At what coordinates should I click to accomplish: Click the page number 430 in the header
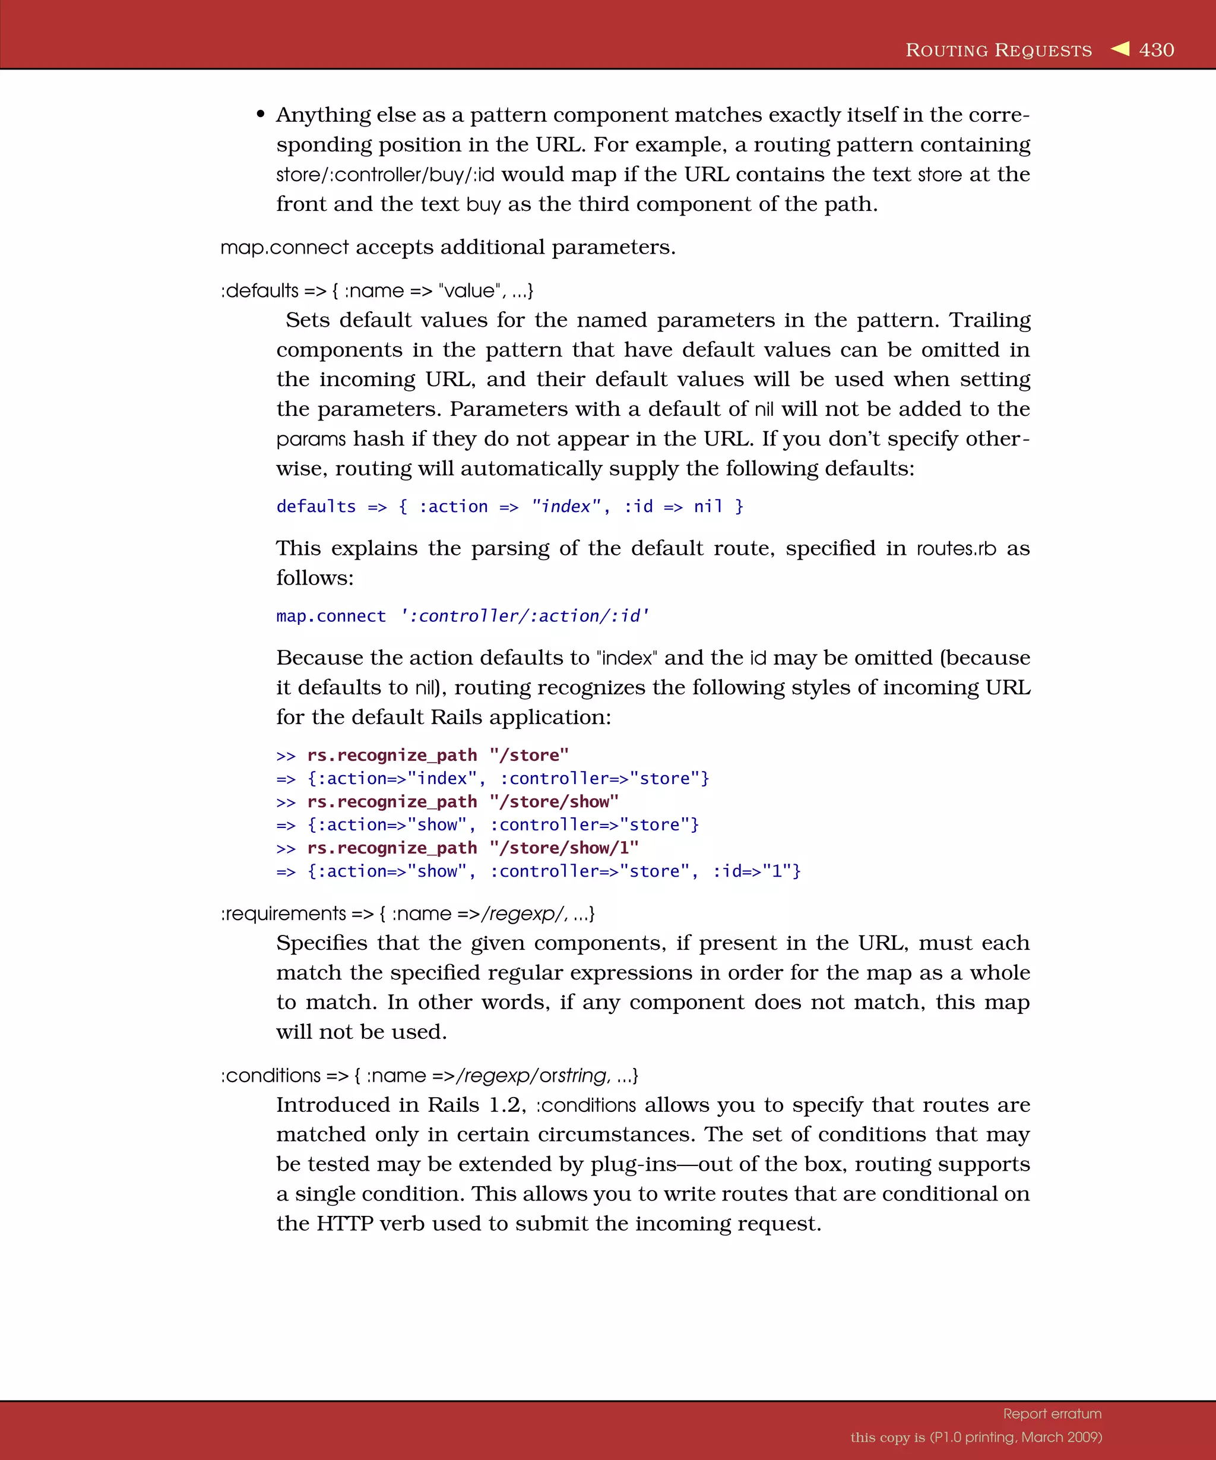[x=1156, y=50]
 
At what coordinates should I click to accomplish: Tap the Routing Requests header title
[x=999, y=50]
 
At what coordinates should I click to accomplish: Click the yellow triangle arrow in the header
[x=1119, y=49]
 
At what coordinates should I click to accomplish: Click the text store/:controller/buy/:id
[x=385, y=175]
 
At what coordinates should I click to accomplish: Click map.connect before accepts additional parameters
[x=284, y=248]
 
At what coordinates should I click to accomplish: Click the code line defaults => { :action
[x=509, y=506]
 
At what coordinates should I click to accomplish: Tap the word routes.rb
[x=955, y=549]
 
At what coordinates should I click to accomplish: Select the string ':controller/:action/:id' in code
[x=525, y=616]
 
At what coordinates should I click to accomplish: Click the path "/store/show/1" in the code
[x=563, y=848]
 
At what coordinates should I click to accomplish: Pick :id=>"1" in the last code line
[x=756, y=871]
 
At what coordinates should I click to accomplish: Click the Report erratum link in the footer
[x=1052, y=1414]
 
